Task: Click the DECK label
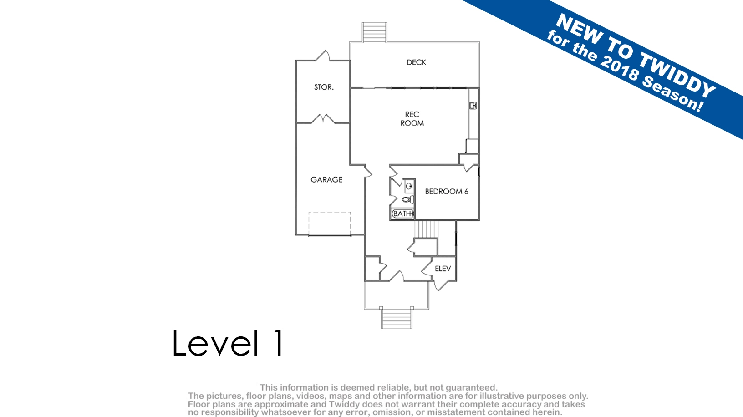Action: pos(416,62)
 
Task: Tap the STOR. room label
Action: pos(324,87)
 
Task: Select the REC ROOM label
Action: pos(412,119)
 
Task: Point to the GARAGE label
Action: pos(326,180)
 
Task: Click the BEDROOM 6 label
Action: pos(447,191)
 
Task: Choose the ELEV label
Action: pos(443,269)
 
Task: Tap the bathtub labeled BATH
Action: pos(402,214)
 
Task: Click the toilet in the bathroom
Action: pos(408,200)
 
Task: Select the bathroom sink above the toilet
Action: pos(410,186)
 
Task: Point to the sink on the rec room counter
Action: pos(473,106)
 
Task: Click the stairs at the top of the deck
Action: pos(375,32)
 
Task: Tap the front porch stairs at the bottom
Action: pos(397,319)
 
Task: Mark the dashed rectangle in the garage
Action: pos(329,224)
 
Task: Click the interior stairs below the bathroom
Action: pos(426,229)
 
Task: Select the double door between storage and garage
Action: pos(323,119)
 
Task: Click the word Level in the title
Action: pos(215,343)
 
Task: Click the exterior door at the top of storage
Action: pos(322,56)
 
